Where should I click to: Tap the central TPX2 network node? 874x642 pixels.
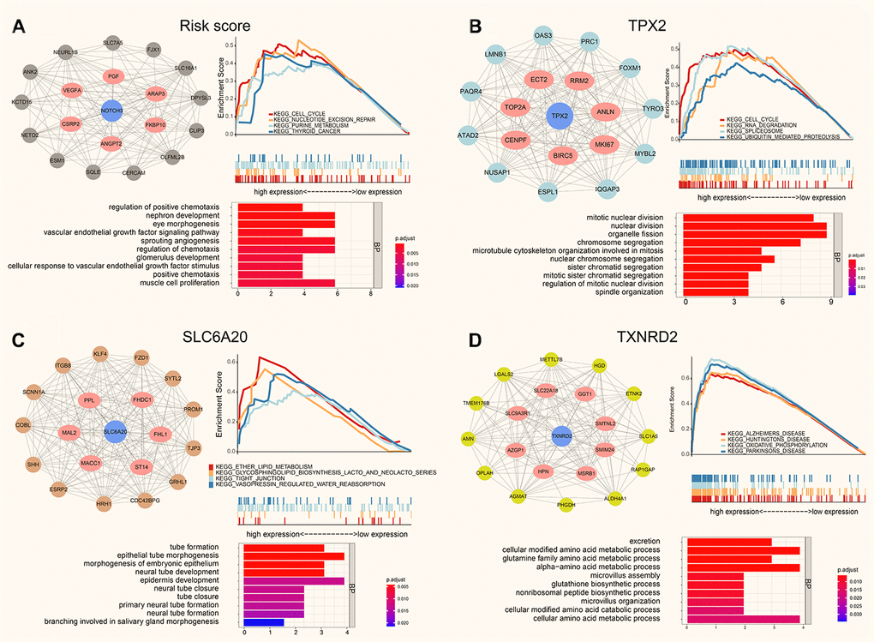click(560, 115)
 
